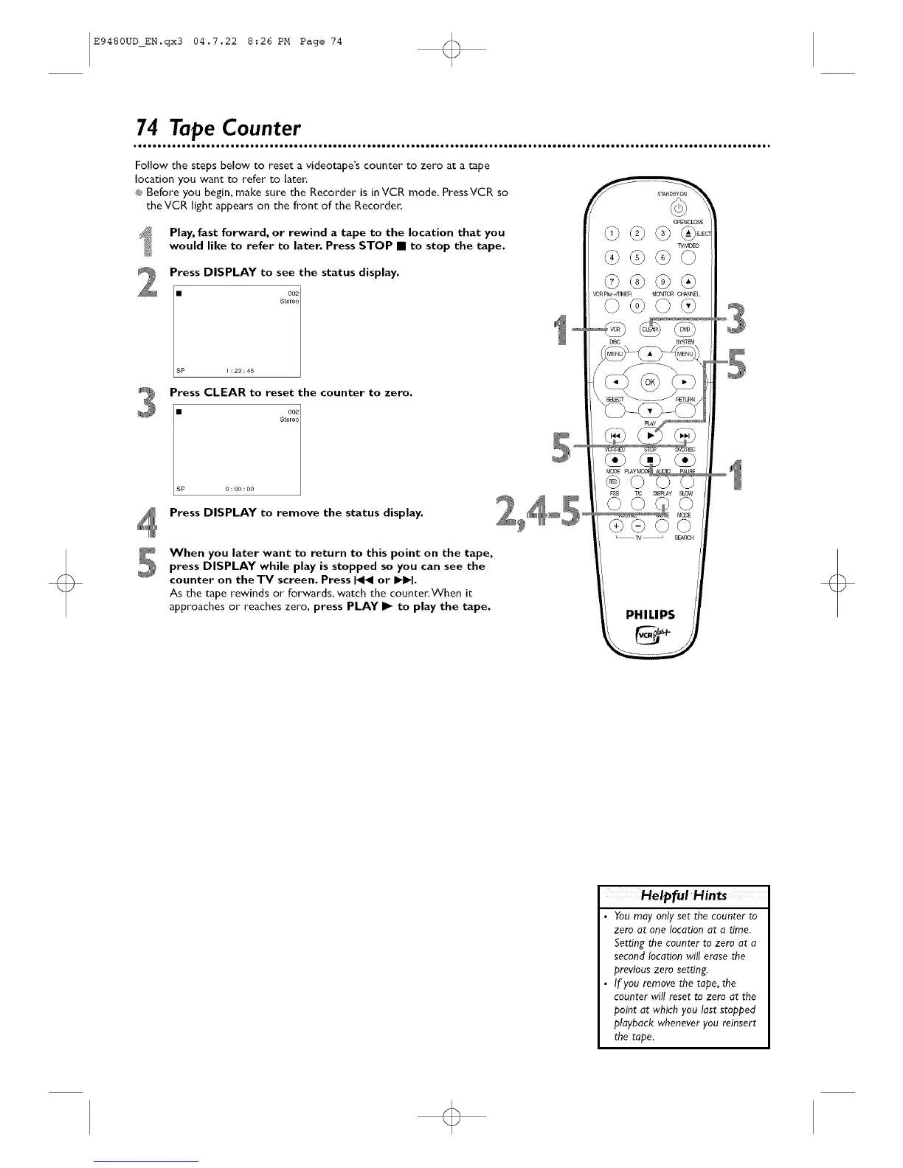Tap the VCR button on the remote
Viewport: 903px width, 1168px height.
tap(615, 330)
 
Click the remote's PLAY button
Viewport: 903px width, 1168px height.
tap(650, 435)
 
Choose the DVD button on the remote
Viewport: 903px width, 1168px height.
tap(685, 330)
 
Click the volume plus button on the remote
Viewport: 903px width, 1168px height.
tap(614, 526)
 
